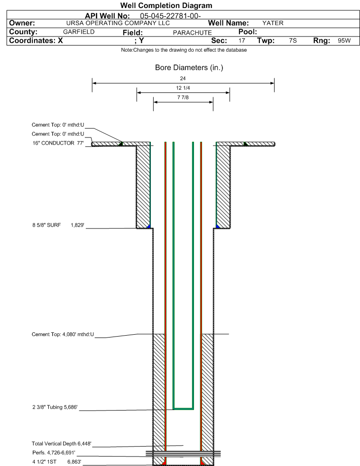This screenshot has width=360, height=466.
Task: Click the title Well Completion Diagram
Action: [x=166, y=6]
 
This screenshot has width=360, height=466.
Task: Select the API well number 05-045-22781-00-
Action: [x=170, y=16]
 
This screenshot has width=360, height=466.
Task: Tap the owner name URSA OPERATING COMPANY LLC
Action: [x=118, y=23]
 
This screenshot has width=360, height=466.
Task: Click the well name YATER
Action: [x=273, y=23]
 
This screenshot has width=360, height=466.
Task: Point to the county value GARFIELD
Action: [x=79, y=32]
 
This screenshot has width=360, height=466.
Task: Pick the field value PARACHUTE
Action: [x=193, y=33]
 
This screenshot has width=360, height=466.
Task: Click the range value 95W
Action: [x=344, y=41]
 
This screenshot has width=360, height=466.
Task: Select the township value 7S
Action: [x=293, y=41]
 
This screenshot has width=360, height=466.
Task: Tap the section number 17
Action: [x=242, y=41]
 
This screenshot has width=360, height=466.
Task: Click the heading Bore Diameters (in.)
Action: [x=189, y=68]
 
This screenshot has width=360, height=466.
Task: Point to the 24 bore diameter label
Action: [x=183, y=79]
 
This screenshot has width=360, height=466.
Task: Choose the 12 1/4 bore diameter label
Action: [x=183, y=88]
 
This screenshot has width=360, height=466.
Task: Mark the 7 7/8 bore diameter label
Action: [x=183, y=98]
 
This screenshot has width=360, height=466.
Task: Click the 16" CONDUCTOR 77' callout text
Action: [x=58, y=143]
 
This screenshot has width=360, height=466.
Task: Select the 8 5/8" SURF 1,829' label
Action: [x=58, y=225]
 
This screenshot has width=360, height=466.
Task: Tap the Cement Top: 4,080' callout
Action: [x=63, y=335]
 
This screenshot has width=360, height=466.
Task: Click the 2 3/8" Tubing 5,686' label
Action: [x=55, y=407]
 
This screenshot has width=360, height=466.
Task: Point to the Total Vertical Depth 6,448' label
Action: [x=62, y=444]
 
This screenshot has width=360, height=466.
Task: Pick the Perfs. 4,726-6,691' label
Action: [x=54, y=453]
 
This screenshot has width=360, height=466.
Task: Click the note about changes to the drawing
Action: [x=184, y=50]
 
